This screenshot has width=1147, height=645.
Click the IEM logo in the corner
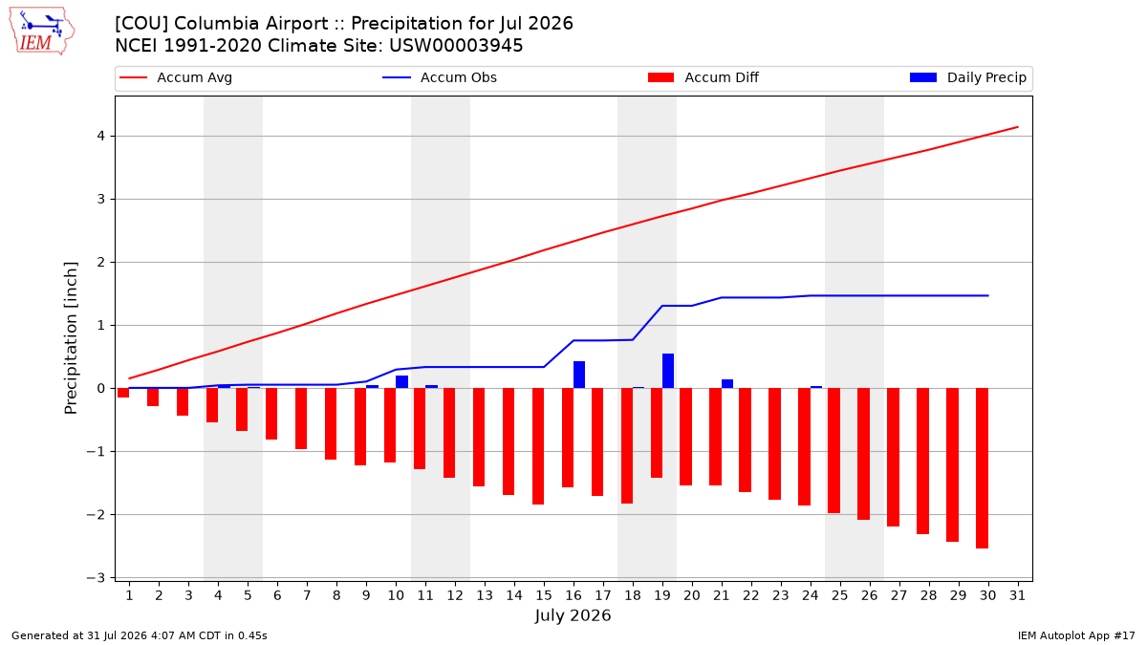[x=42, y=32]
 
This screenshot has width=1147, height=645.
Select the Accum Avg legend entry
[x=176, y=77]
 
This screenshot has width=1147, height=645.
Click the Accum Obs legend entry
[x=440, y=77]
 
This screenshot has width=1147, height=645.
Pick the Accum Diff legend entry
[x=703, y=77]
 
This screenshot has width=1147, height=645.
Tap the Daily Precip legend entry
[x=967, y=77]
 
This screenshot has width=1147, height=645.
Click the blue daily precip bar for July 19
[x=668, y=371]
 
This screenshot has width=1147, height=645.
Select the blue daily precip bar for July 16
[x=579, y=375]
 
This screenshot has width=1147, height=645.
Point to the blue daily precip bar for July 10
[x=402, y=382]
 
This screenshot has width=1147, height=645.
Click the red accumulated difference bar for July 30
[x=983, y=468]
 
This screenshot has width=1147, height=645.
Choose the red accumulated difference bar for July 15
[x=538, y=446]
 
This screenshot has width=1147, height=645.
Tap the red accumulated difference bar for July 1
[x=123, y=393]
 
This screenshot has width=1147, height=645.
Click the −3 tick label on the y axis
[x=96, y=578]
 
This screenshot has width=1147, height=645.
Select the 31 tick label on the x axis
[x=1017, y=595]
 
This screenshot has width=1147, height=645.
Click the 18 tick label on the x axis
[x=633, y=595]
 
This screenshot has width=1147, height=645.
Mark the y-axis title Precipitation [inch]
[x=71, y=338]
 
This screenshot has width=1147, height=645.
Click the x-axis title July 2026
[x=573, y=615]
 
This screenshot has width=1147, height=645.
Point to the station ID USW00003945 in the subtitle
[x=456, y=46]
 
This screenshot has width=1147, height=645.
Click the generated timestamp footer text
[x=140, y=635]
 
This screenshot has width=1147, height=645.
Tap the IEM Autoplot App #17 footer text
[x=1076, y=635]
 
